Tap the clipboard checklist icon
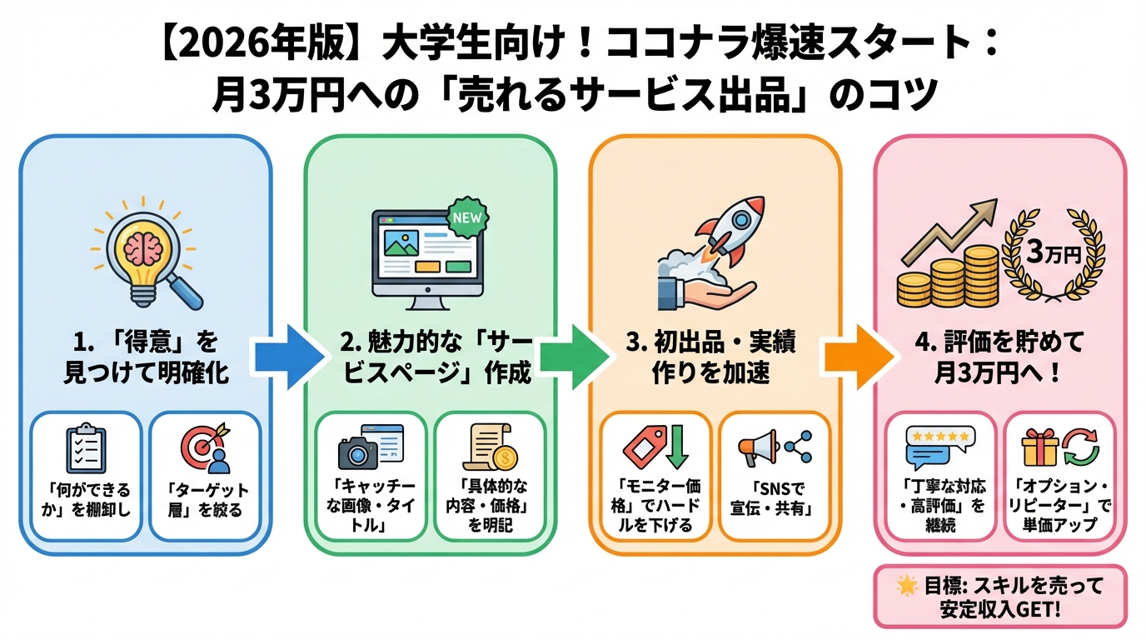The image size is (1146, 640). tap(86, 450)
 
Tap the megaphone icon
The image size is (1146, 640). tap(757, 448)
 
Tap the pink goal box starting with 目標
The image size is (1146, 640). tap(999, 597)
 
